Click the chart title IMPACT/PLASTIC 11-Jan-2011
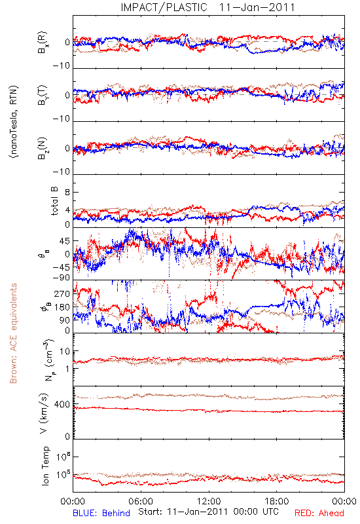[x=207, y=7]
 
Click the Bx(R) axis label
[x=43, y=42]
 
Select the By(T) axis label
[x=43, y=95]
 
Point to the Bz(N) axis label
[x=43, y=148]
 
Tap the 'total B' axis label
[x=54, y=201]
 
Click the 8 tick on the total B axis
[x=67, y=192]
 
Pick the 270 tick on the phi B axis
[x=62, y=293]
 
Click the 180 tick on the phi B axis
[x=62, y=307]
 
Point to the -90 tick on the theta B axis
[x=62, y=278]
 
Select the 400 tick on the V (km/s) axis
[x=62, y=404]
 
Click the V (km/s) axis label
[x=44, y=413]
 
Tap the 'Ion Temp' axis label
[x=45, y=466]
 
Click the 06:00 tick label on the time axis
[x=141, y=502]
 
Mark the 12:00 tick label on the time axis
[x=209, y=502]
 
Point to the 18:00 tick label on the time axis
[x=276, y=502]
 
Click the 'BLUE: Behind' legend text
[x=101, y=513]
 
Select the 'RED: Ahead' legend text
[x=319, y=513]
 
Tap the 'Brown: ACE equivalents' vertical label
[x=13, y=333]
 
